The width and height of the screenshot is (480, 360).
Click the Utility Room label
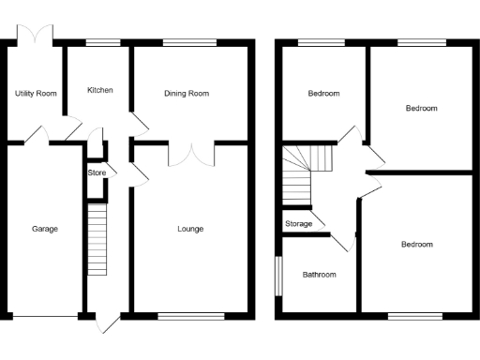36,94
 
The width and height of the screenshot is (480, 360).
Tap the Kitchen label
99,90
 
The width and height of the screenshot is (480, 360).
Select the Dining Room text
186,94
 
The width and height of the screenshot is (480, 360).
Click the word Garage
44,229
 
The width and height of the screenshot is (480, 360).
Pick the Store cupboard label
97,172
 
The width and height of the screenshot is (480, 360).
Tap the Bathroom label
319,275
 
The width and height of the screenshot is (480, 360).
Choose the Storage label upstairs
299,224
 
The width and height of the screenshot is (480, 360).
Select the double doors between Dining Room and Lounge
191,154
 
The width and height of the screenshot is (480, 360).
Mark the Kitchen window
102,41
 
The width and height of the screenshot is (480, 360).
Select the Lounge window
191,314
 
